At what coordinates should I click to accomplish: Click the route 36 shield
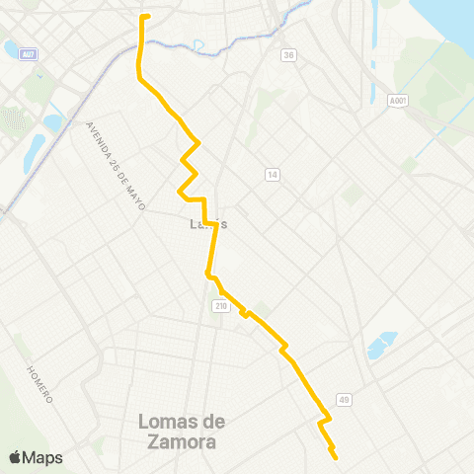pos(287,55)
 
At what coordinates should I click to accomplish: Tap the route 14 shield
pos(272,175)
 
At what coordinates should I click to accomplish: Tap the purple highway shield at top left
pos(30,53)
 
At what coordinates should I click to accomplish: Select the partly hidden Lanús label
pos(208,224)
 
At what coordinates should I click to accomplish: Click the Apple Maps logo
pos(36,457)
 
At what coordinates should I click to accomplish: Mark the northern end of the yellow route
pos(145,17)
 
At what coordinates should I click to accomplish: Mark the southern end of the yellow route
pos(336,458)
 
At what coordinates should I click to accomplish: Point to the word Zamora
pos(181,442)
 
